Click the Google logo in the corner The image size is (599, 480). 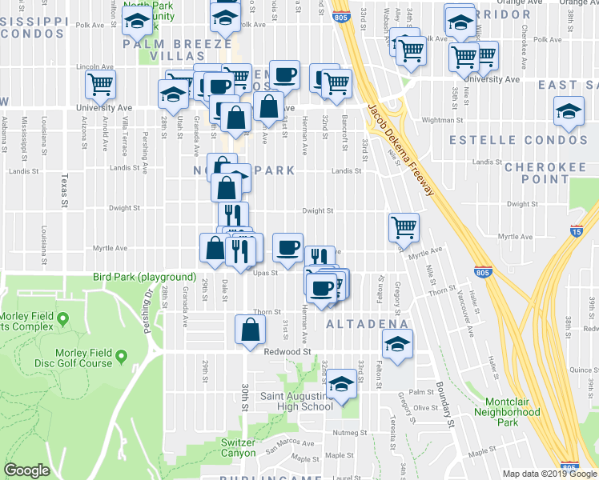tap(27, 470)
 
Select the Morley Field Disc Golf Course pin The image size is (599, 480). tap(121, 355)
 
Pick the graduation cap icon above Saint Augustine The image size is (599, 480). tap(341, 385)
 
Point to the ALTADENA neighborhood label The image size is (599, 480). tap(368, 323)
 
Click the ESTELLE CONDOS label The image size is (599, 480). tap(517, 140)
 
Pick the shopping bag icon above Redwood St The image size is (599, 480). tap(251, 328)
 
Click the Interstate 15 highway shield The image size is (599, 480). tap(577, 230)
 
